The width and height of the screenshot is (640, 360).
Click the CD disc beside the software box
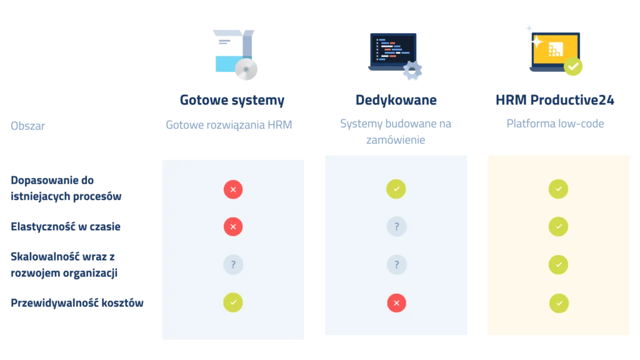247,71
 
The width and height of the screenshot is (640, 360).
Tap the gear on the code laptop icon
412,71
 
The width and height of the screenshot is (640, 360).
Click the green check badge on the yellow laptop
574,67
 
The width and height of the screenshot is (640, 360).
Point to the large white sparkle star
534,41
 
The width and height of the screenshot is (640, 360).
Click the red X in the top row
233,189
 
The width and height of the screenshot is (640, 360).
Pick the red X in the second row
233,226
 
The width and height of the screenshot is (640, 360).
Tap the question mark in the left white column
233,264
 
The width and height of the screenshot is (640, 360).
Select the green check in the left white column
233,302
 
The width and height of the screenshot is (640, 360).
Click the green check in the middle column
396,189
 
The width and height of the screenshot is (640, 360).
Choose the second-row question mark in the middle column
396,226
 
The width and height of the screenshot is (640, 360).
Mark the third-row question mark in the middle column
396,264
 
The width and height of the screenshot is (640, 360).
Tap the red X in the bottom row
396,303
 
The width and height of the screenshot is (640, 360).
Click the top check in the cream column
558,189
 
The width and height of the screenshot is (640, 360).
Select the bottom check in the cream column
559,303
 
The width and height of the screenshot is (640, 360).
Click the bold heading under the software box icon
232,100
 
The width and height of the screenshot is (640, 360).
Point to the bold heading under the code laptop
396,100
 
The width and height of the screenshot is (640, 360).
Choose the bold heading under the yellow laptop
555,100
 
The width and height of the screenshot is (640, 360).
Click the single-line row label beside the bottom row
77,304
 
